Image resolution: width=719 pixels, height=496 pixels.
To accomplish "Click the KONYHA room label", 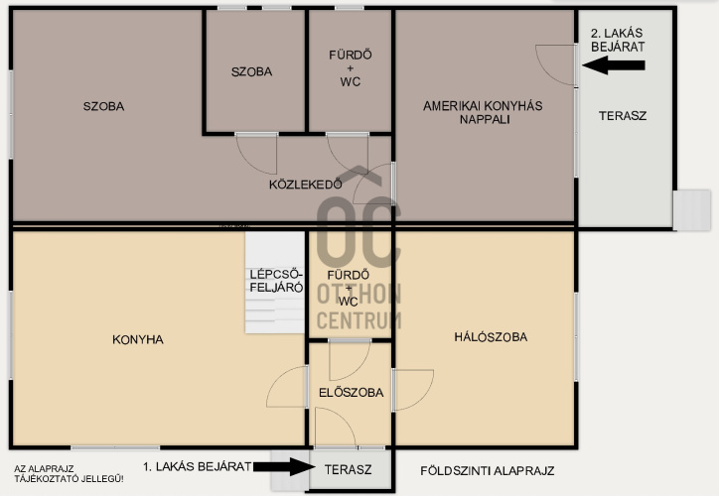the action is [x=138, y=339].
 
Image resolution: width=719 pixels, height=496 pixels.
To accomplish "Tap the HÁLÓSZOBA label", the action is [x=491, y=337].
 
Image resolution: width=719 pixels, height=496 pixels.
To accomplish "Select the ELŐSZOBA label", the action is [x=352, y=393].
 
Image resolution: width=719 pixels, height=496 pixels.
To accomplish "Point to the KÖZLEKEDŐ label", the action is [x=306, y=185].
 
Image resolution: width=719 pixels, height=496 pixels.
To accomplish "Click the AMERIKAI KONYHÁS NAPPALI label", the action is [x=483, y=113].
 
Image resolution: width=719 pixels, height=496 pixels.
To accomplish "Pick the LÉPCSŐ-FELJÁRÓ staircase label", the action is [x=276, y=281].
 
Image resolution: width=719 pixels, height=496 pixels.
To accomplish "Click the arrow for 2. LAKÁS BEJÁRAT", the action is [x=614, y=65].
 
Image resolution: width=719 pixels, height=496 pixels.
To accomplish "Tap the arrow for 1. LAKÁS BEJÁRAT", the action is [x=284, y=467].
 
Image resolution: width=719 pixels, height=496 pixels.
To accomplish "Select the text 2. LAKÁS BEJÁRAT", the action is [x=618, y=40].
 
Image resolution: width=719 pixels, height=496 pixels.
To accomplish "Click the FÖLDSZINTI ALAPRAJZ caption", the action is [x=488, y=471].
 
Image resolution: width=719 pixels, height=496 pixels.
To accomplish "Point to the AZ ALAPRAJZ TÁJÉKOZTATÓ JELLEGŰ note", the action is [x=69, y=474].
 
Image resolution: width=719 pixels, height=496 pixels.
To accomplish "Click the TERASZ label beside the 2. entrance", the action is [x=623, y=116].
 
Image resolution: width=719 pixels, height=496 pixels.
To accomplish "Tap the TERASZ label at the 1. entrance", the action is [x=348, y=469].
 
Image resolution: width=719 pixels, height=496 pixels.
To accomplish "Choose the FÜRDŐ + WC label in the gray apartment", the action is [x=351, y=68].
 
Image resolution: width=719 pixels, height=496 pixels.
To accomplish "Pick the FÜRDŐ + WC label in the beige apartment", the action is [x=349, y=288].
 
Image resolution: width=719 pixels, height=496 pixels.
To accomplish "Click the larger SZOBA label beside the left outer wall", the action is [x=103, y=106].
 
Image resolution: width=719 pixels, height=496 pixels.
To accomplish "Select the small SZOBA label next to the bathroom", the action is [x=251, y=71].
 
